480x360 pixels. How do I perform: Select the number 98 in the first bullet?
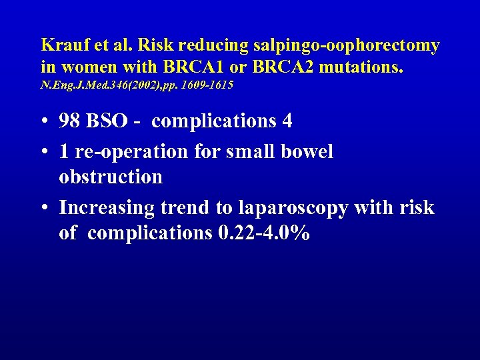pyautogui.click(x=70, y=121)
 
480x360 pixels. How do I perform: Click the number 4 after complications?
pyautogui.click(x=287, y=121)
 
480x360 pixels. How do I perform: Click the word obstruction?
pyautogui.click(x=111, y=177)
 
